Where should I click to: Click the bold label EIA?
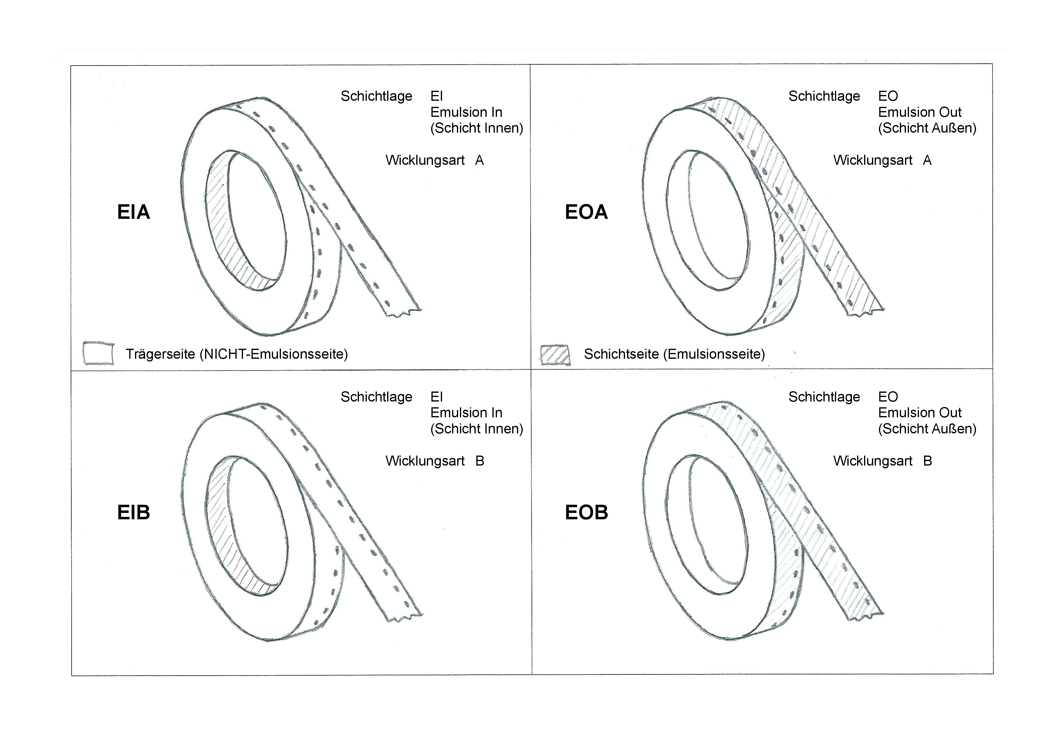pyautogui.click(x=133, y=212)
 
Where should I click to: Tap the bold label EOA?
pyautogui.click(x=586, y=212)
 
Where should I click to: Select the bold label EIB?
pyautogui.click(x=133, y=512)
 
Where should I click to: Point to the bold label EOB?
pyautogui.click(x=586, y=512)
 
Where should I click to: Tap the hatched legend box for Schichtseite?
pyautogui.click(x=555, y=355)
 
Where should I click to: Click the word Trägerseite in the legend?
pyautogui.click(x=160, y=354)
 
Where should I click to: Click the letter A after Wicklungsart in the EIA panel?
pyautogui.click(x=479, y=161)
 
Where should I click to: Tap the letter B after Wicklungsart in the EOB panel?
pyautogui.click(x=927, y=461)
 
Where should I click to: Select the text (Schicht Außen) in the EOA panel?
pyautogui.click(x=927, y=128)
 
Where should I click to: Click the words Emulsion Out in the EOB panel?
pyautogui.click(x=920, y=413)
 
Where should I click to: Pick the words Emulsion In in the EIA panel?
pyautogui.click(x=466, y=112)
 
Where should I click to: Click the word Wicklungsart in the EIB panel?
pyautogui.click(x=425, y=461)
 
